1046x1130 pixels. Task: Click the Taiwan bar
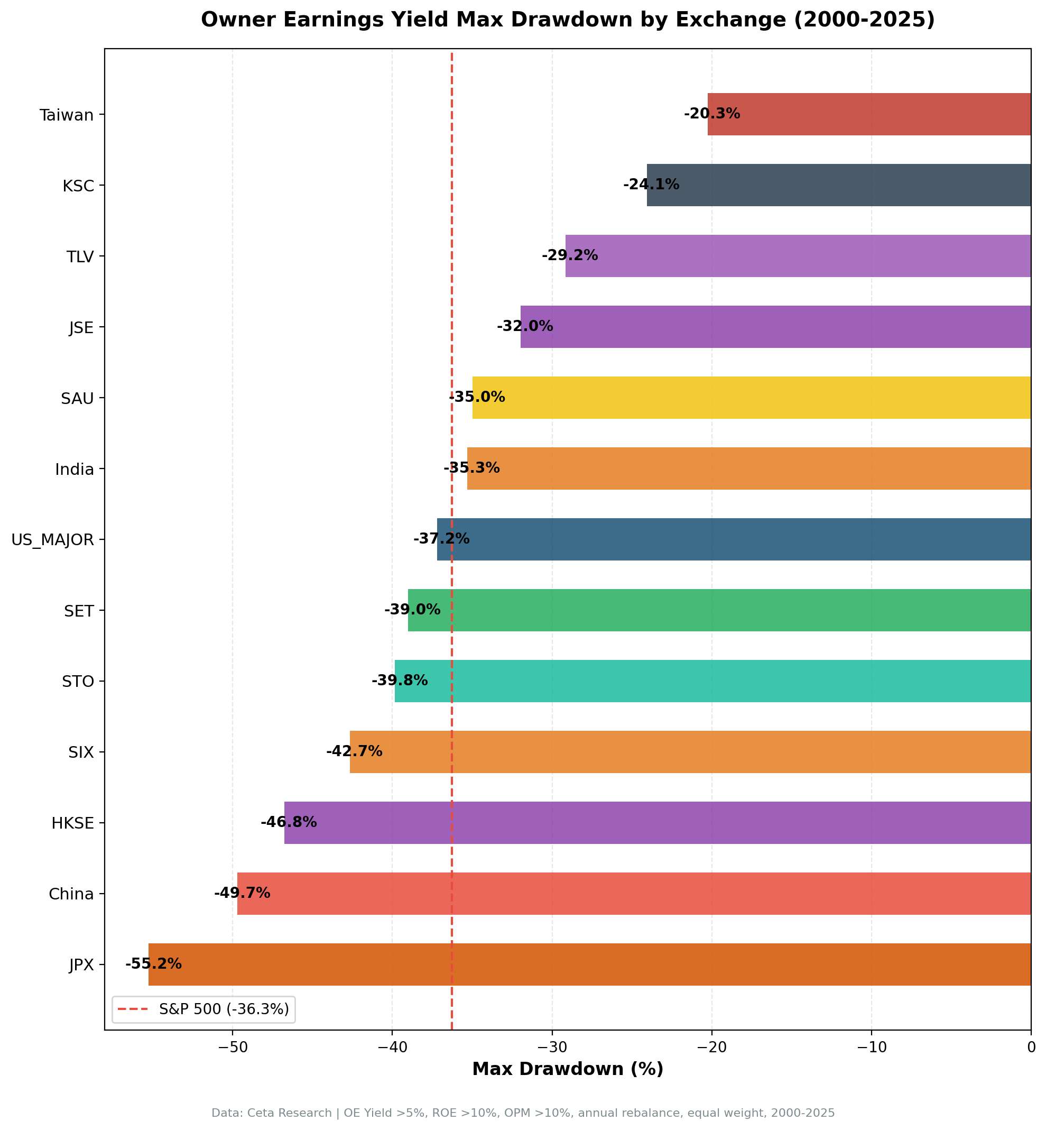[869, 114]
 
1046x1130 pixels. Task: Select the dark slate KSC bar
[838, 185]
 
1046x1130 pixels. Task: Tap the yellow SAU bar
[751, 398]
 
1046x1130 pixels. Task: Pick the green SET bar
[719, 610]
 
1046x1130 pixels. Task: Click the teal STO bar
[712, 681]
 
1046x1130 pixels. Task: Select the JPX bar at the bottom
[589, 964]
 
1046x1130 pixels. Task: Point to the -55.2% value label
[153, 963]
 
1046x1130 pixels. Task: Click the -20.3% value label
[711, 114]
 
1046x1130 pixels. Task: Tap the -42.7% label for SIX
[354, 751]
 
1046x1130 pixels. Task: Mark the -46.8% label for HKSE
[288, 822]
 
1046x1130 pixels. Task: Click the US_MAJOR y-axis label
[53, 539]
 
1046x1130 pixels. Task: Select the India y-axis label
[74, 468]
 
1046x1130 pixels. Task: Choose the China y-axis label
[71, 894]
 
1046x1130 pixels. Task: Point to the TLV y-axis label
[80, 256]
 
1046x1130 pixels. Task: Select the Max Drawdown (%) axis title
[567, 1069]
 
